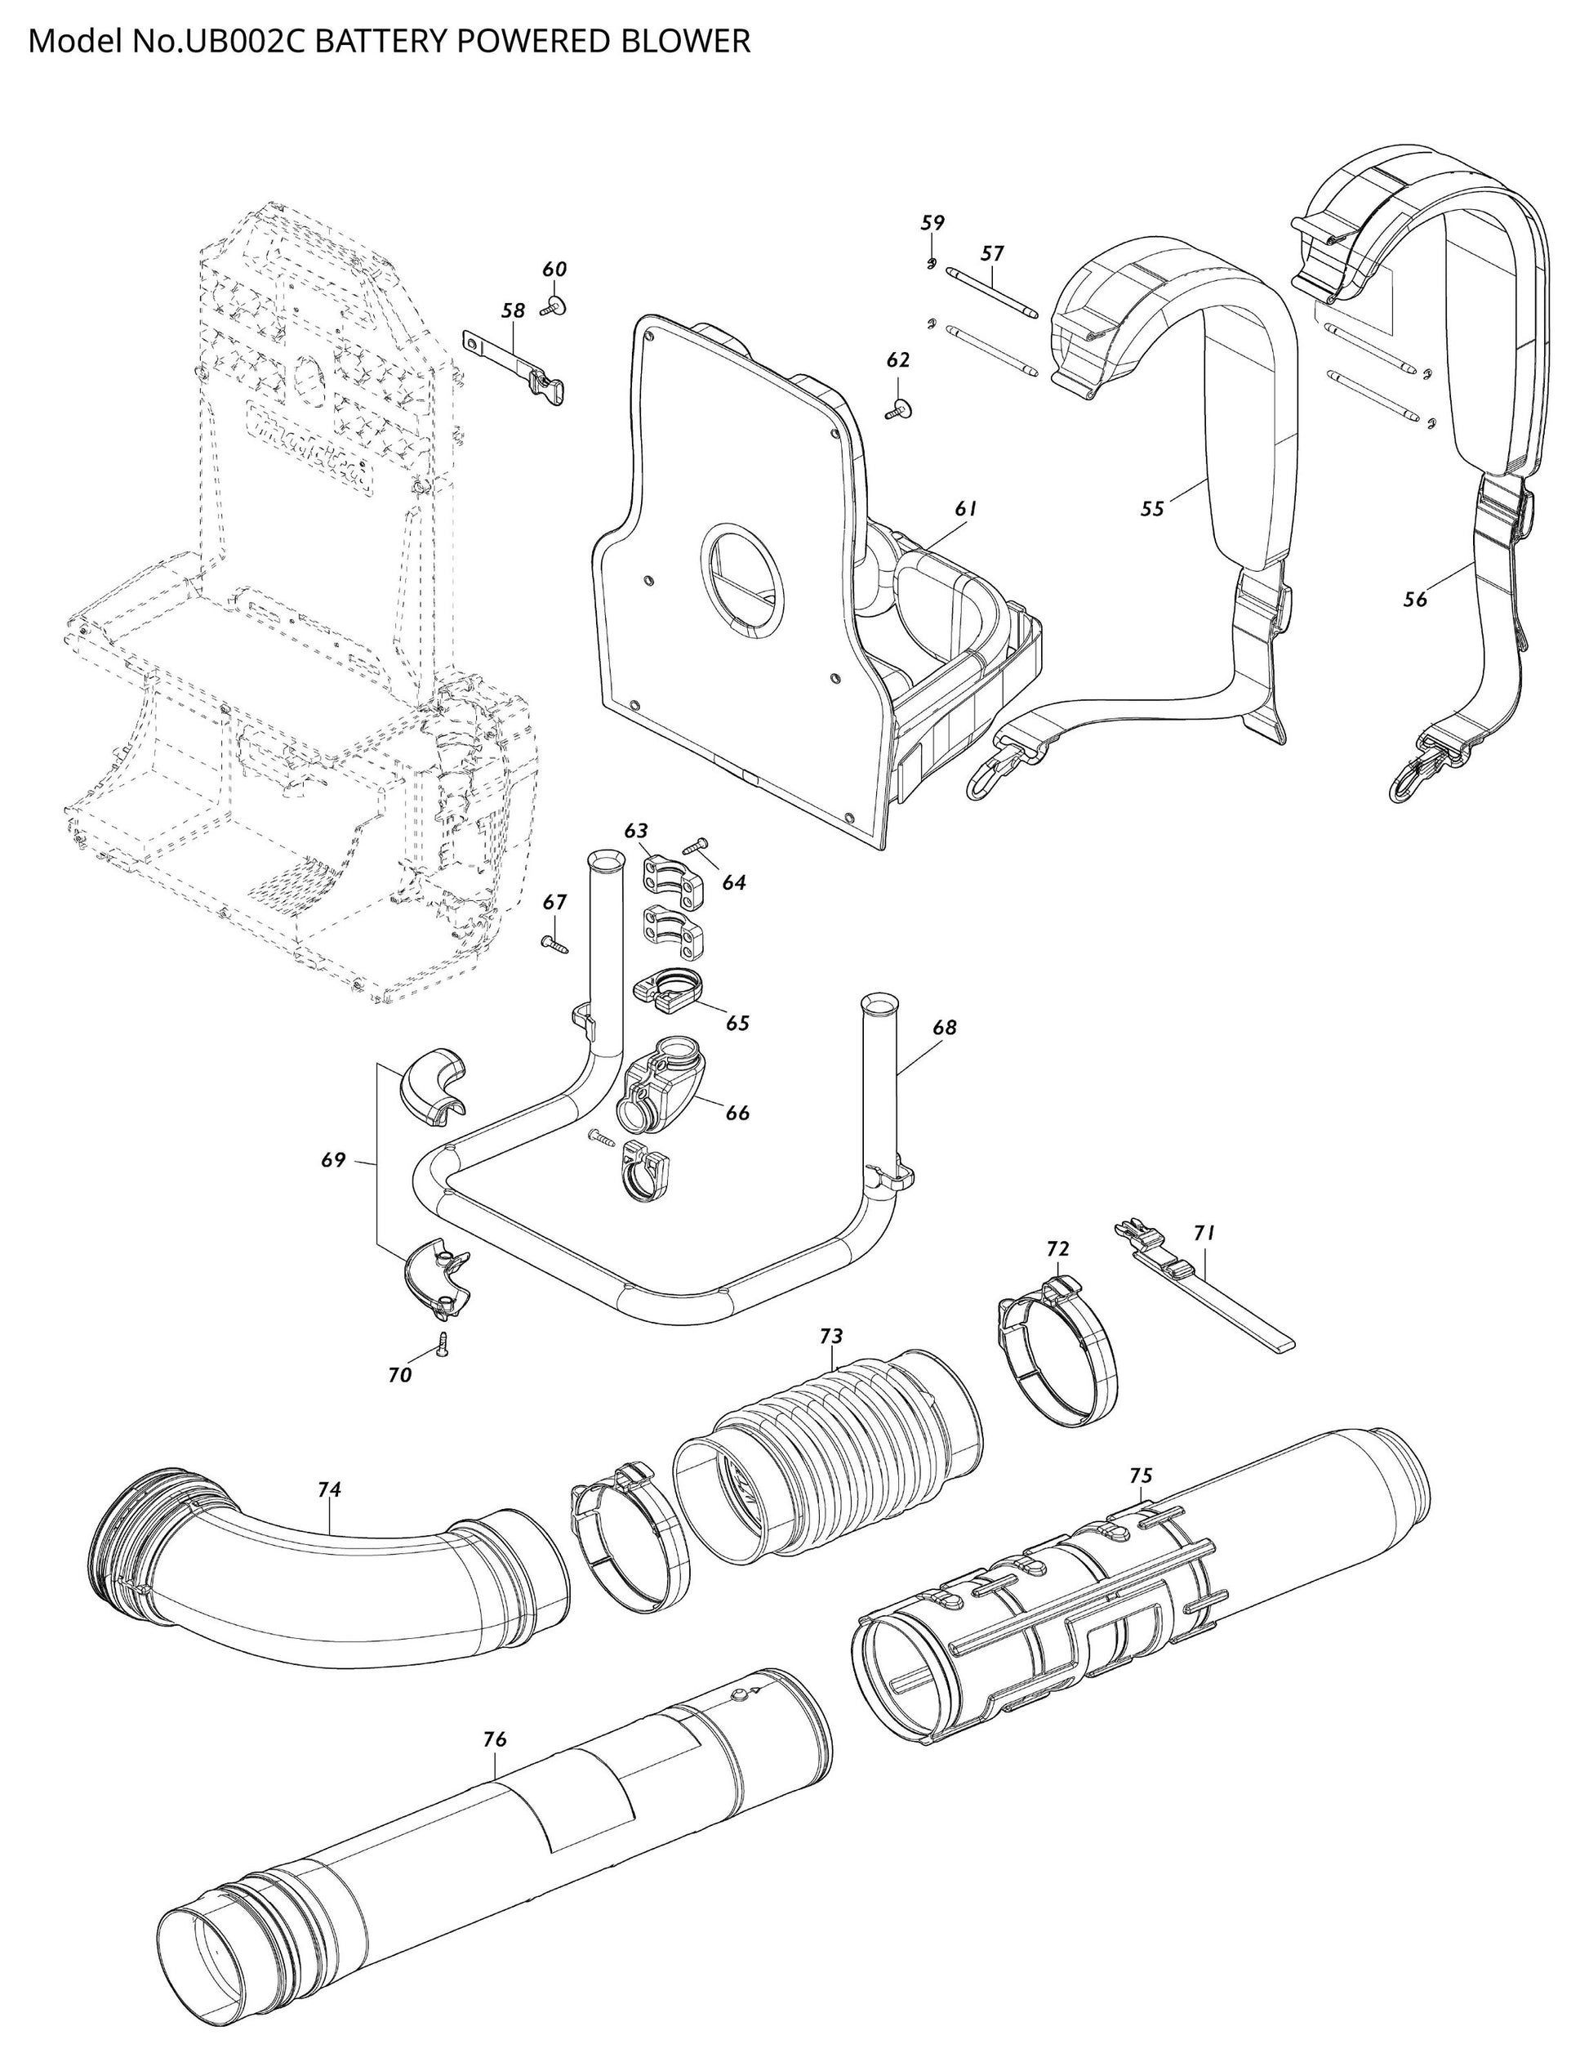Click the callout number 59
coord(932,223)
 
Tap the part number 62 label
coord(897,360)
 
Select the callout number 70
coord(400,1376)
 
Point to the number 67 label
coord(554,903)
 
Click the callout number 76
coord(495,1740)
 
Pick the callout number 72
coord(1057,1249)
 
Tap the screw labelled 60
coord(552,305)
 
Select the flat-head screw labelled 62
coord(897,408)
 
